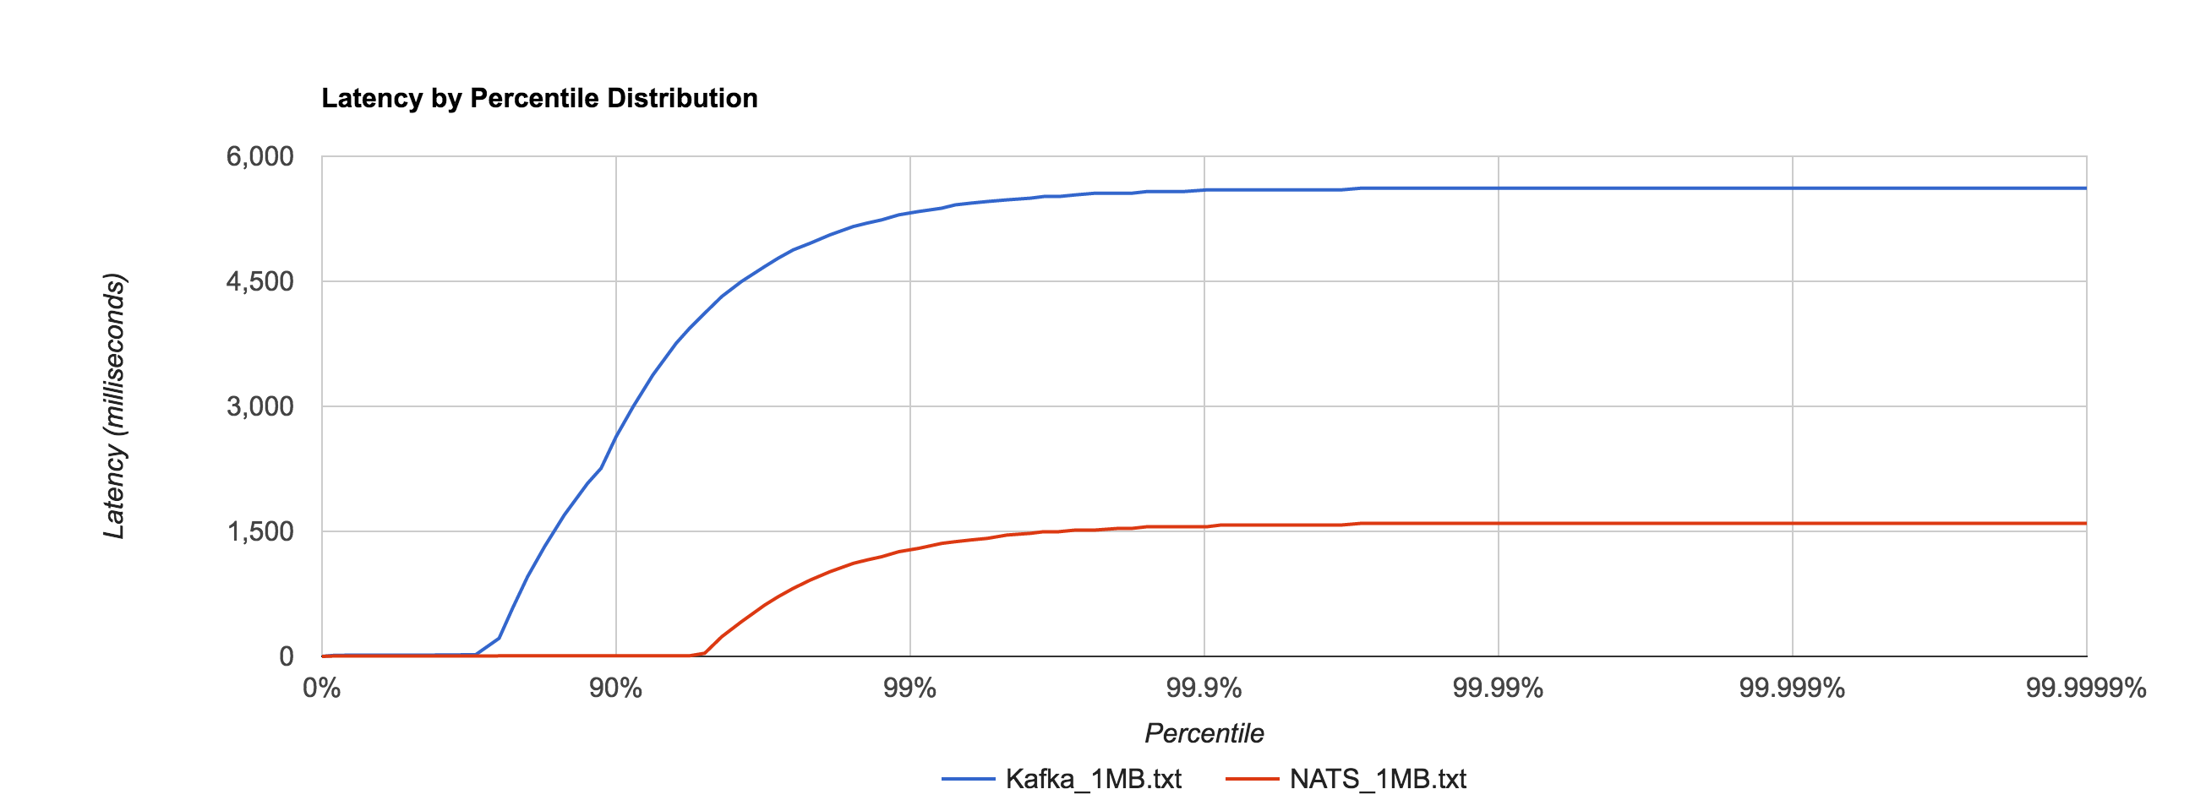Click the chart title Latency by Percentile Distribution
coord(539,99)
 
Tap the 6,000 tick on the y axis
coord(259,157)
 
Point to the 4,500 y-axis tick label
coord(259,282)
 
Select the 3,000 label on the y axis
coord(259,407)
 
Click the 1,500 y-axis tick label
coord(259,532)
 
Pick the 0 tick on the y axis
coord(286,657)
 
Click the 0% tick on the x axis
coord(322,689)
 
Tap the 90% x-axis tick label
coord(615,689)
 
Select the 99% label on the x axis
coord(909,689)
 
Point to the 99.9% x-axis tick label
coord(1204,689)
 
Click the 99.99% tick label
coord(1498,689)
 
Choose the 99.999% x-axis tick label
coord(1792,689)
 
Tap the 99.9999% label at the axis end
coord(2086,689)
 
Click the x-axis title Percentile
coord(1204,734)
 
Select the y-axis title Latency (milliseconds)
coord(115,407)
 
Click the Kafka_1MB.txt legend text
coord(1094,779)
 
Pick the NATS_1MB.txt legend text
coord(1378,779)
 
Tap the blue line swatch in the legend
coord(969,779)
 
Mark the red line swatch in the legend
coord(1252,779)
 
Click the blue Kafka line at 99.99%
coord(1498,188)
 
